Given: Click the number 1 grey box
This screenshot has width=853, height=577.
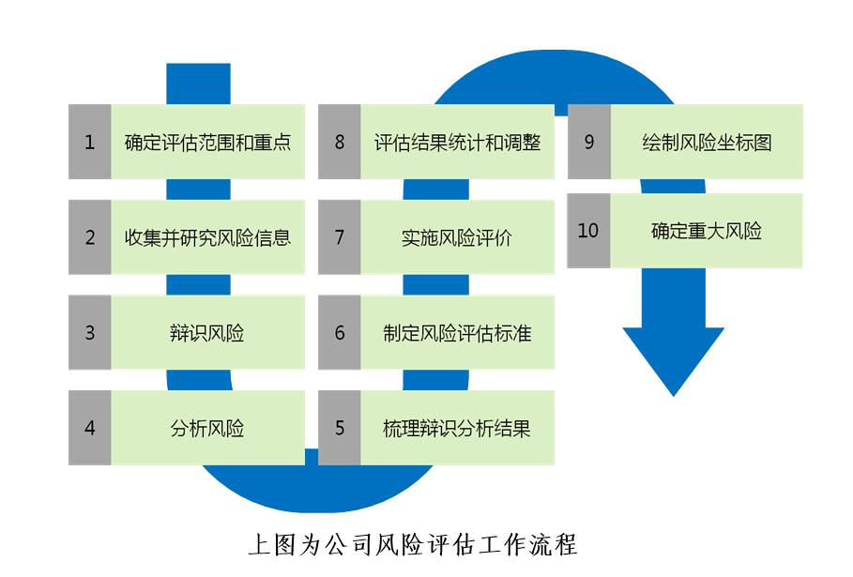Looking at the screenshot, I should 90,143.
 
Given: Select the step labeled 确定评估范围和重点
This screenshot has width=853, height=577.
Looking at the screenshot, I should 207,143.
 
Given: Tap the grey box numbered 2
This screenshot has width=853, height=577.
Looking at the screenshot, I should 90,237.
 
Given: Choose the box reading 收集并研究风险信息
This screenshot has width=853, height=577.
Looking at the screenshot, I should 207,237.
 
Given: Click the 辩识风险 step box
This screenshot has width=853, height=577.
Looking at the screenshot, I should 207,332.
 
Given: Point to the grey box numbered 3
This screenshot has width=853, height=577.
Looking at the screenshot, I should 90,332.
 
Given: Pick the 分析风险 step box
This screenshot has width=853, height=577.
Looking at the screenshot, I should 207,428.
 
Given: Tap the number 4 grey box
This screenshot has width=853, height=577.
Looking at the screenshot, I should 90,428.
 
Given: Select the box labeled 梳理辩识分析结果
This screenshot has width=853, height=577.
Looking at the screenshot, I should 457,428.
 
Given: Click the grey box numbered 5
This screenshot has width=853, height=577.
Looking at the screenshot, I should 340,428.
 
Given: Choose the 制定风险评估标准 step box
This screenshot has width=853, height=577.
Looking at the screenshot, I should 457,332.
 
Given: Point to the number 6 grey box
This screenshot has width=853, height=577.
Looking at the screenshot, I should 340,332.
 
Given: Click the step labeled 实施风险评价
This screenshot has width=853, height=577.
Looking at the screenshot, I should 457,237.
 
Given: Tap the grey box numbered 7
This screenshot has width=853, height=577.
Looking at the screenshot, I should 340,237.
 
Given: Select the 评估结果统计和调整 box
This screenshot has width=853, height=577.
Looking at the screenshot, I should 457,143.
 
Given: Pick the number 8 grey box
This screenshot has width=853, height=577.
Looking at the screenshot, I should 340,143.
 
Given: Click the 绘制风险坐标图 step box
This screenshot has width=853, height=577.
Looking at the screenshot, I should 707,143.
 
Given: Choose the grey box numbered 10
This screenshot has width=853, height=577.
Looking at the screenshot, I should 588,231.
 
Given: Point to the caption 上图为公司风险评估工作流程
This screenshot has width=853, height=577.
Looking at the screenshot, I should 412,543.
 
